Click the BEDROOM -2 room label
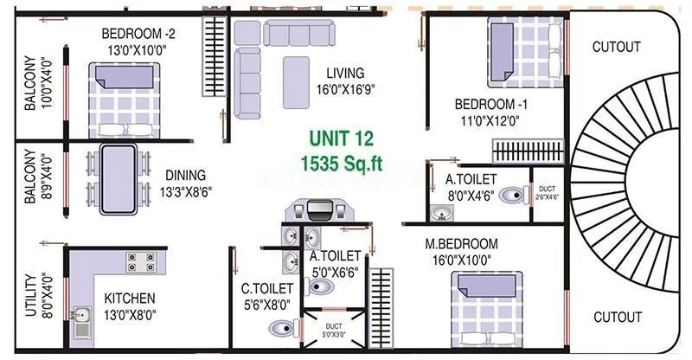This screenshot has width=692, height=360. click(x=139, y=34)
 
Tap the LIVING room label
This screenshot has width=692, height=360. click(x=339, y=73)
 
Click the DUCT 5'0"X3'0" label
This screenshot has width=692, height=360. click(x=333, y=330)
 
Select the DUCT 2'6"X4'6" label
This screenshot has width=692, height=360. click(x=547, y=192)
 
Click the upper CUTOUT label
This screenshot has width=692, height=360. click(x=616, y=47)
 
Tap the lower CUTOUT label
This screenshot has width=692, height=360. click(x=616, y=317)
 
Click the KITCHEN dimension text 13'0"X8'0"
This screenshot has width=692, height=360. click(x=131, y=314)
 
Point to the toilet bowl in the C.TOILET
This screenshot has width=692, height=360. click(x=281, y=327)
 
